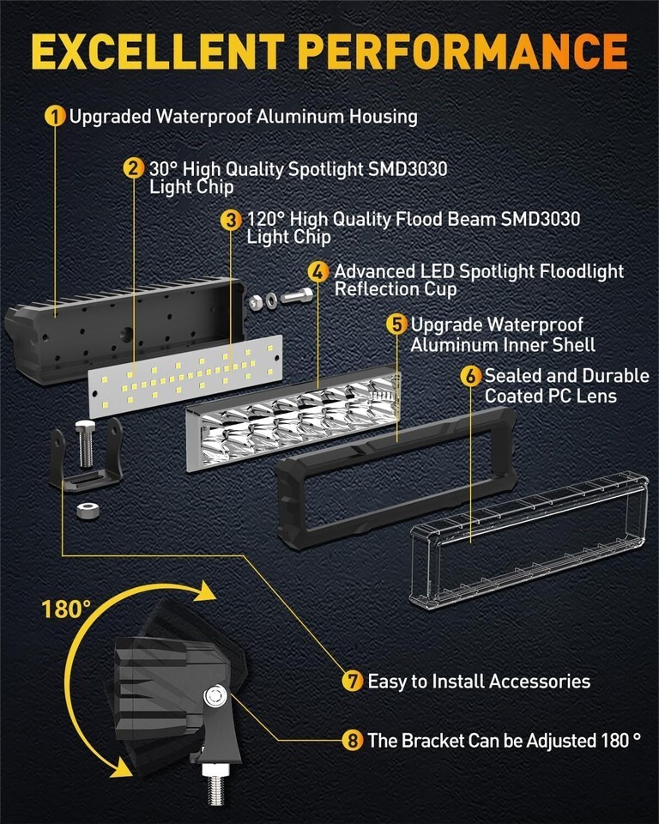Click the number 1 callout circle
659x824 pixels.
coord(56,116)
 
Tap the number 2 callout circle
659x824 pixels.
coord(133,168)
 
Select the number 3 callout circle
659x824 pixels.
coord(230,220)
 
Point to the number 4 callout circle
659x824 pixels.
coord(318,272)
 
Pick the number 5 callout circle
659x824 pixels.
coord(396,324)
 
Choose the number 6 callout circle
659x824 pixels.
coord(470,376)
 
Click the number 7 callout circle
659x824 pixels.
coord(353,682)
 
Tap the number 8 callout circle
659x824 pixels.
coord(353,740)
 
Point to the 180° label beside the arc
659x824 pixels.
coord(65,609)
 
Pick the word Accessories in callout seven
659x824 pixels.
coord(539,682)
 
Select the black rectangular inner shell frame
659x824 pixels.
coord(396,468)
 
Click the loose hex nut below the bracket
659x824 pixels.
coord(85,510)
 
